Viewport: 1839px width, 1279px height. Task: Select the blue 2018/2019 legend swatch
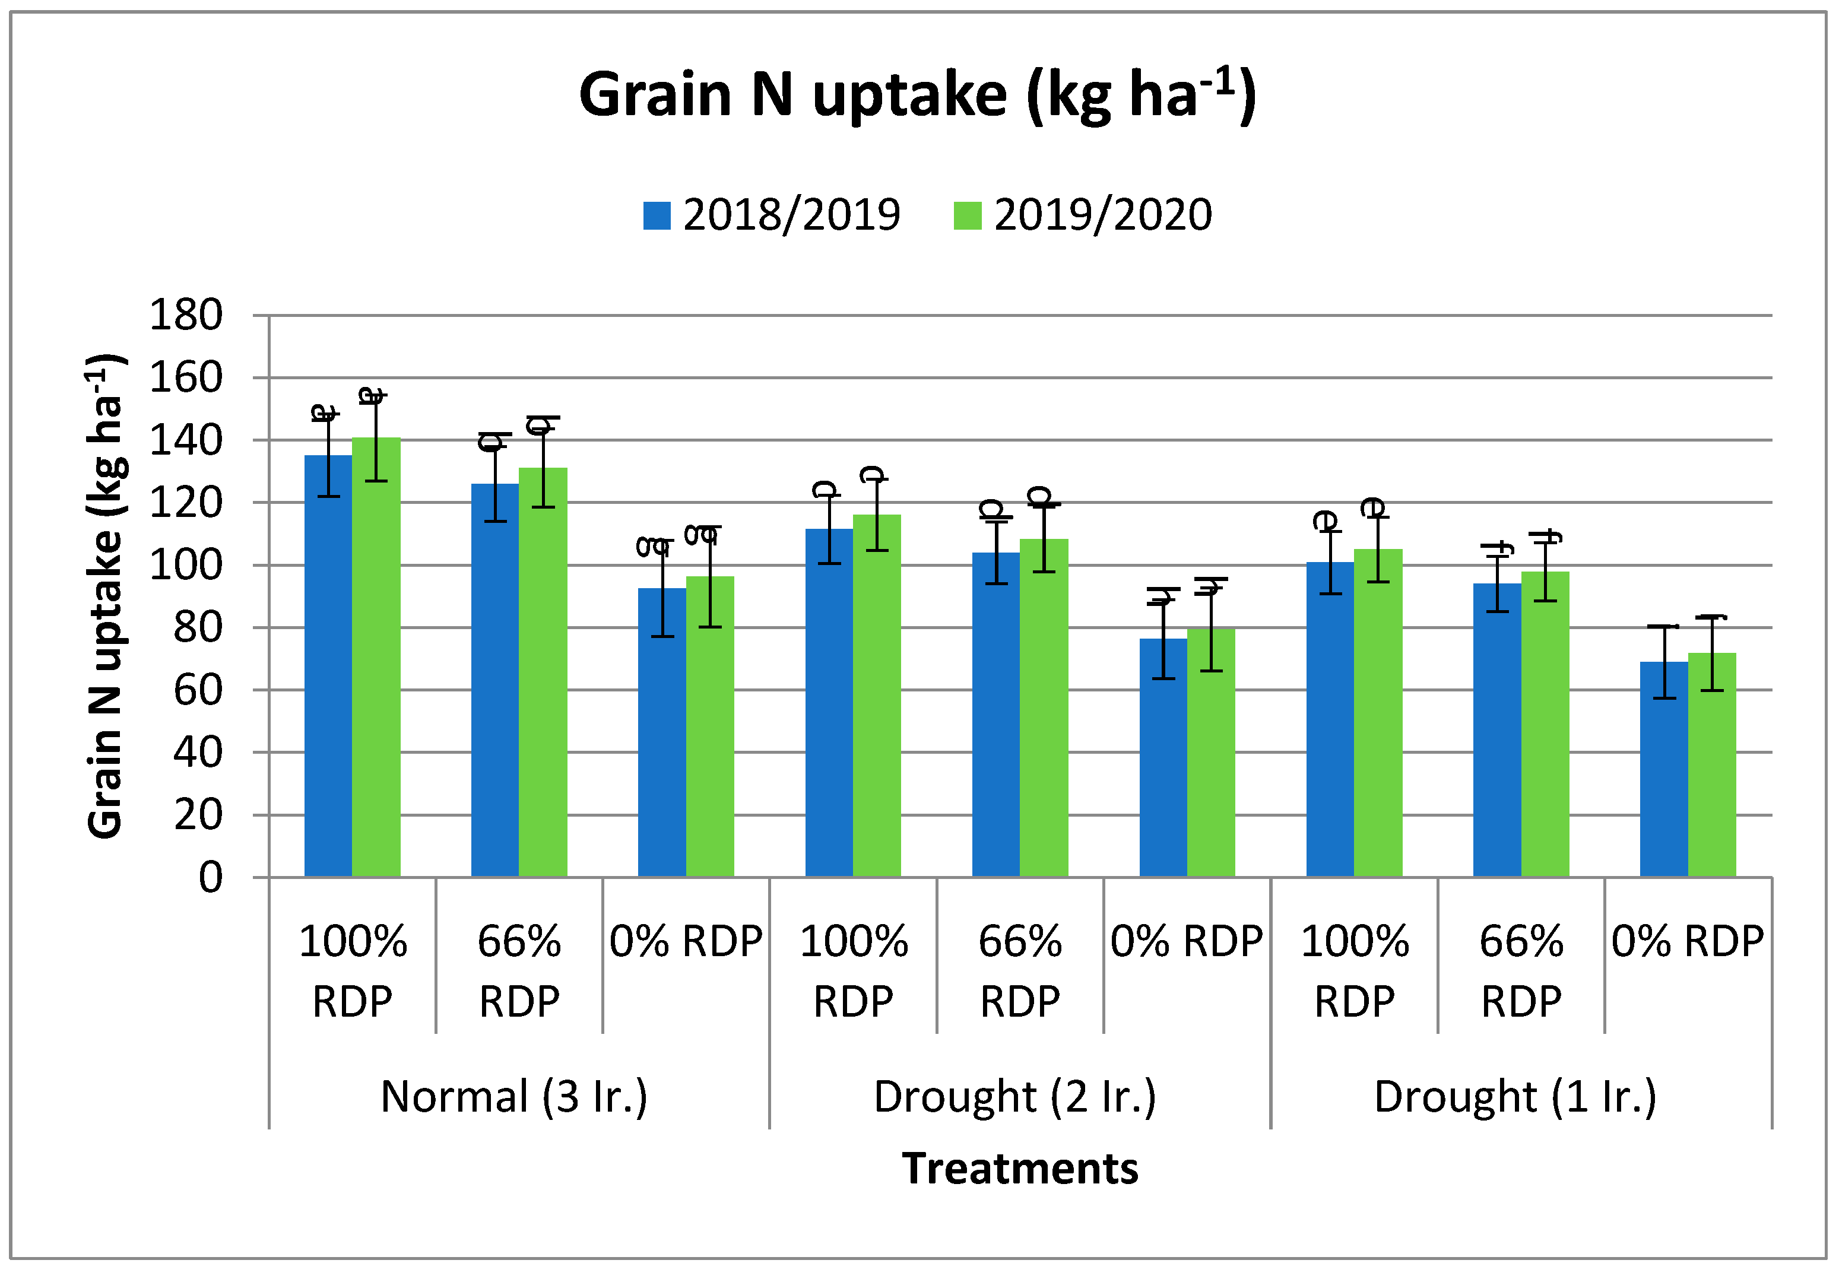pyautogui.click(x=656, y=215)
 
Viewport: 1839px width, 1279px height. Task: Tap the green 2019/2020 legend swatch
pyautogui.click(x=967, y=215)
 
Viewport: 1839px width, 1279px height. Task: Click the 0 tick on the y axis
pyautogui.click(x=210, y=877)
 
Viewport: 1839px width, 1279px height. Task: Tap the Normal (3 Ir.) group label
pyautogui.click(x=513, y=1096)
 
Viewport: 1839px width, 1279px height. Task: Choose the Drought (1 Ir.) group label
pyautogui.click(x=1515, y=1096)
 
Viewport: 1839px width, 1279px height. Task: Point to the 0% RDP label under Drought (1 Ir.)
pyautogui.click(x=1687, y=941)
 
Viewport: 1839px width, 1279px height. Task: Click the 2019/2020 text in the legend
pyautogui.click(x=1102, y=215)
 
